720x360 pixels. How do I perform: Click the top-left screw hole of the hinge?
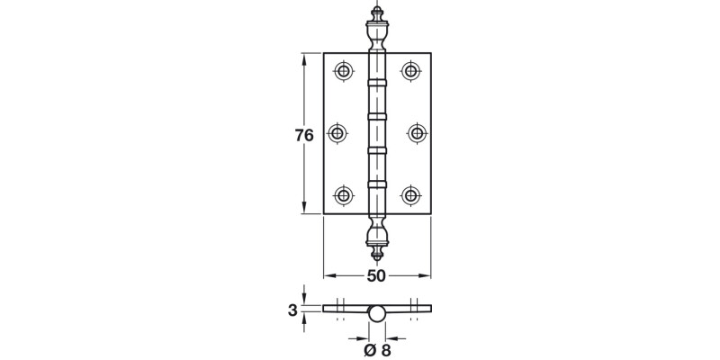point(343,71)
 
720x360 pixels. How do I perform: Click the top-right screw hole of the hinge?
point(411,71)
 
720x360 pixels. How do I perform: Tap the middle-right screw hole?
point(417,133)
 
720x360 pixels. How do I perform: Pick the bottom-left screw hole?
point(343,194)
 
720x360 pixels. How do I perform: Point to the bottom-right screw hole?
point(411,194)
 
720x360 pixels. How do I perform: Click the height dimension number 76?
point(304,136)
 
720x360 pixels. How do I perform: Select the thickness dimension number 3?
point(292,310)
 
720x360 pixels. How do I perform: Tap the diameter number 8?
point(386,350)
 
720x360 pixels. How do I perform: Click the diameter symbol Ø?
point(369,350)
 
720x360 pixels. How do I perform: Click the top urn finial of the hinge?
point(377,31)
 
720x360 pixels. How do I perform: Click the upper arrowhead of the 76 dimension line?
point(304,57)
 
